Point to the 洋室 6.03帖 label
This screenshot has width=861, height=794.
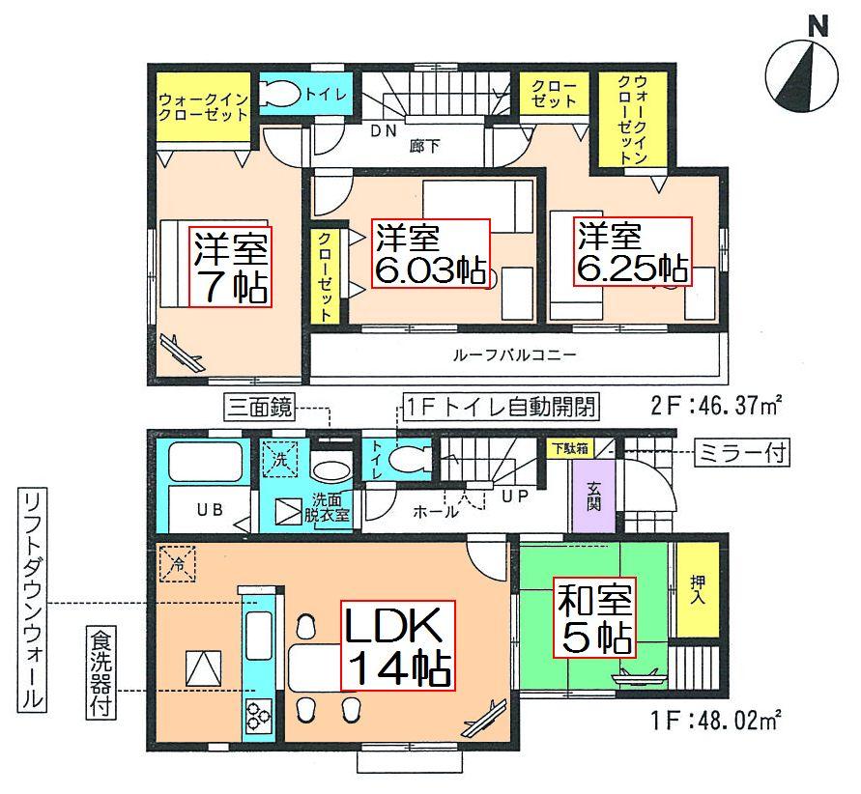(431, 254)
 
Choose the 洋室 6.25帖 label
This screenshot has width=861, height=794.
(634, 252)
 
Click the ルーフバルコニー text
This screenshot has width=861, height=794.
(514, 354)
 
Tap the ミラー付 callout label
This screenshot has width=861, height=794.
(742, 450)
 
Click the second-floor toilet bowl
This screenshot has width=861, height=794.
(284, 94)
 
